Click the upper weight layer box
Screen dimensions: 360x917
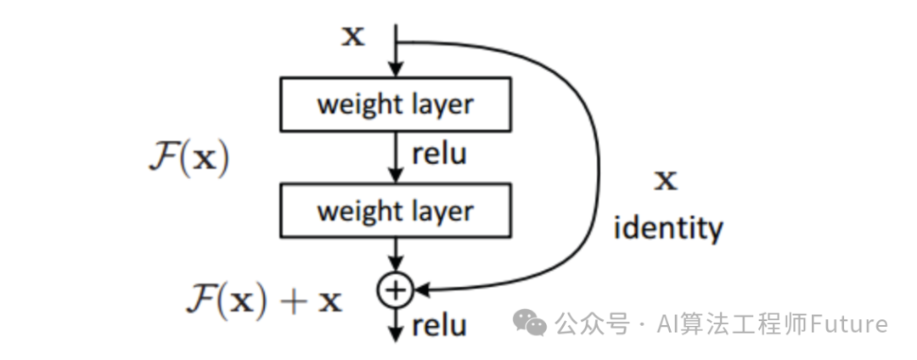[x=396, y=105]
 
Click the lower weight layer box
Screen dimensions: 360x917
[x=396, y=211]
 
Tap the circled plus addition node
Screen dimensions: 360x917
[x=395, y=290]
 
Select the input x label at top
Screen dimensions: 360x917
[x=353, y=37]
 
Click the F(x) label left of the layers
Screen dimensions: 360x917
[x=188, y=160]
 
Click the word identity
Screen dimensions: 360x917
[x=667, y=228]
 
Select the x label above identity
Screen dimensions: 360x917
[x=667, y=179]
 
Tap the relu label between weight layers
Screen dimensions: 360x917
[x=439, y=154]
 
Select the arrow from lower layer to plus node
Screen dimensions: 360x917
[x=396, y=255]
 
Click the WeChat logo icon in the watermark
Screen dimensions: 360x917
[x=533, y=323]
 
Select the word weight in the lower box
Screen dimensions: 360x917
[x=356, y=211]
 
